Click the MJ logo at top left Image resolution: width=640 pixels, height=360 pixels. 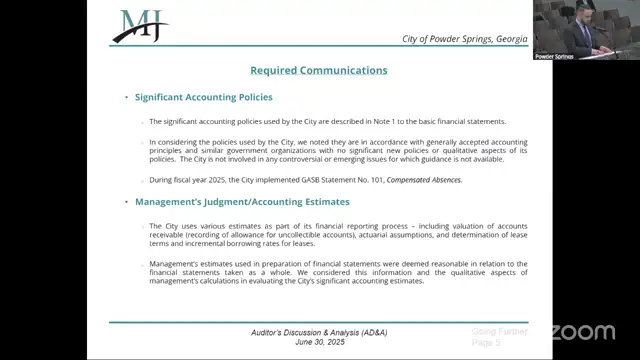tap(140, 25)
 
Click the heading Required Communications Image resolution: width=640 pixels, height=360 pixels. tap(318, 70)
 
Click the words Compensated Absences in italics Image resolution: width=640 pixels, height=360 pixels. tap(429, 180)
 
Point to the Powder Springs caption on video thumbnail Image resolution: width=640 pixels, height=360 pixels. tap(556, 56)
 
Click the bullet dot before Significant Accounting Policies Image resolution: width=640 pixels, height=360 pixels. tap(127, 97)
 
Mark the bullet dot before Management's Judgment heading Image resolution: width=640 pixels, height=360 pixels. tap(127, 201)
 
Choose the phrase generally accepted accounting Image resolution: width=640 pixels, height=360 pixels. tap(473, 142)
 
